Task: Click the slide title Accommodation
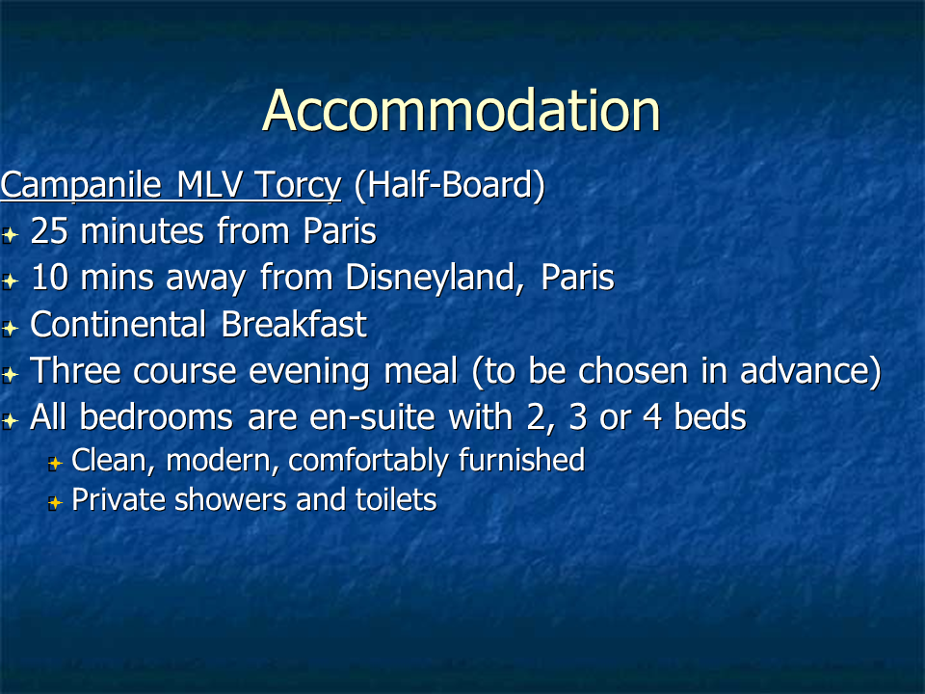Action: [461, 110]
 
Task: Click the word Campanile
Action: [81, 186]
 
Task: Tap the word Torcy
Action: [298, 186]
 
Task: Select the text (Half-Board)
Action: [450, 185]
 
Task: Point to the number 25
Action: [49, 230]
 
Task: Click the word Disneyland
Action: [430, 278]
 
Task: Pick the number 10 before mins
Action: [49, 278]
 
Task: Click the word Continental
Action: [118, 324]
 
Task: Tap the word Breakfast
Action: [295, 324]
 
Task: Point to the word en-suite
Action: [372, 417]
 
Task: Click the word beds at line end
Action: [710, 417]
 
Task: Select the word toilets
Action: [396, 500]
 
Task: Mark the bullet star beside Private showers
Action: [55, 503]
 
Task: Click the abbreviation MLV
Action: [209, 185]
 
